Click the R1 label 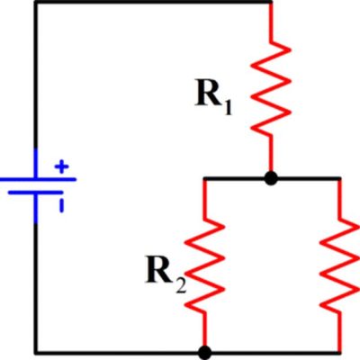pos(213,96)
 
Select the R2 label pos(166,274)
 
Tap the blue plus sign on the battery pos(62,166)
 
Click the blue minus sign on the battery pos(61,206)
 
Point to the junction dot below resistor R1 pos(271,179)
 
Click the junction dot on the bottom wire pos(205,353)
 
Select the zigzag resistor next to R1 pos(271,87)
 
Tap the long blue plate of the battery pos(38,179)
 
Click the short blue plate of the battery pos(36,193)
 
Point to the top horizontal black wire pos(153,3)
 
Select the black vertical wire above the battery pos(36,75)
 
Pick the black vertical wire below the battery pos(36,288)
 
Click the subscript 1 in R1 pos(228,108)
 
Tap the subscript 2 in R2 pos(181,286)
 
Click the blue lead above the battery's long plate pos(36,163)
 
